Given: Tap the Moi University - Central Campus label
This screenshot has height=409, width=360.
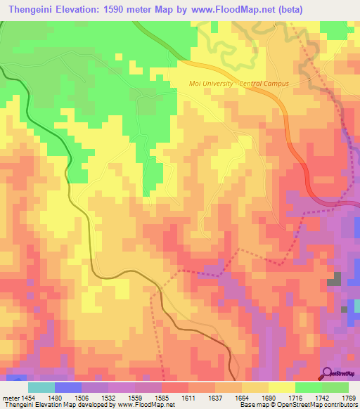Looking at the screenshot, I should pos(239,84).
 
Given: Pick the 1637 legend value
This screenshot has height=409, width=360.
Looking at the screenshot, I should pos(228,397).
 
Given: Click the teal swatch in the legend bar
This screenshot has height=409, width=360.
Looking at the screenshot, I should pos(41,387).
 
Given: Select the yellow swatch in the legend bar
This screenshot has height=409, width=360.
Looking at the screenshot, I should pos(281,387).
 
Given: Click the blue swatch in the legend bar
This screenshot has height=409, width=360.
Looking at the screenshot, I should pos(67,387).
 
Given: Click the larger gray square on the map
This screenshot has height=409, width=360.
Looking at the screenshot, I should pos(333,281).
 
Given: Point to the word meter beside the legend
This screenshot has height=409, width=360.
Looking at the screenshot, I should pos(9,397).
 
